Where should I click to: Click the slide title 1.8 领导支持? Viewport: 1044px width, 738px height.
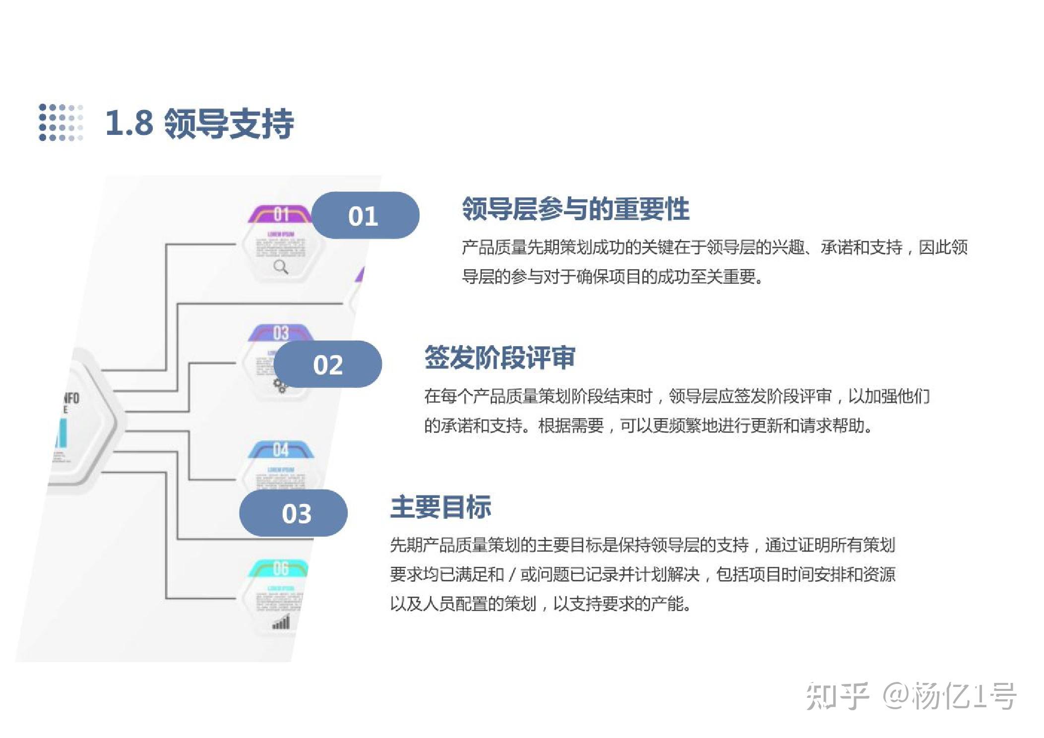click(199, 123)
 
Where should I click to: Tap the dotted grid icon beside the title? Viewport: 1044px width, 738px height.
click(61, 123)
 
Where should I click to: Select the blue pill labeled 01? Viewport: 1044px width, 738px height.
click(365, 216)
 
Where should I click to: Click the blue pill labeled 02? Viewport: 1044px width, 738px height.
click(327, 365)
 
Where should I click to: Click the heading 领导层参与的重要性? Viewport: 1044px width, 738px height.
click(575, 209)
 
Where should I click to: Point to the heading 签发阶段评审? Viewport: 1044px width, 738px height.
click(499, 358)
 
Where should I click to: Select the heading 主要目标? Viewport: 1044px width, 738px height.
click(440, 507)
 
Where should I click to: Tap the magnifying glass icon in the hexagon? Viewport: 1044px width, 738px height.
click(281, 267)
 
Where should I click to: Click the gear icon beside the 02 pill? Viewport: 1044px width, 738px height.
click(280, 385)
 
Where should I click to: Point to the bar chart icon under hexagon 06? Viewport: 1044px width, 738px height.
click(281, 622)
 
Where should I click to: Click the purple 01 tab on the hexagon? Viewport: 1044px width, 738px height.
click(281, 214)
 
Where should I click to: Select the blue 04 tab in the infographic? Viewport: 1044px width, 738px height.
click(281, 450)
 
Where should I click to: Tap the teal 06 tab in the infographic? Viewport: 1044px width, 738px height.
click(280, 568)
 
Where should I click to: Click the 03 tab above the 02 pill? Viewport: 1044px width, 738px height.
click(281, 332)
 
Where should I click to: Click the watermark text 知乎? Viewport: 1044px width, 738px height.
click(837, 696)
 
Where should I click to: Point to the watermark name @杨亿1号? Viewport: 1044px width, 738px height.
click(949, 696)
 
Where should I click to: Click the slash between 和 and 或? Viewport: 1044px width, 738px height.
click(512, 574)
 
